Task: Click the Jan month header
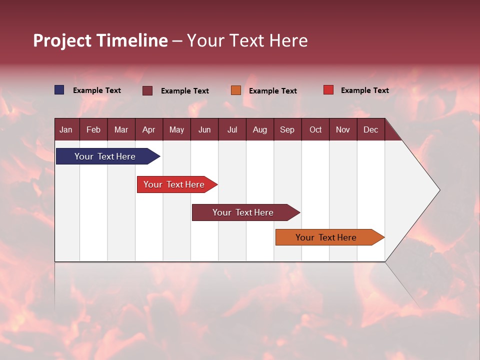pos(66,129)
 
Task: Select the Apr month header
pos(148,129)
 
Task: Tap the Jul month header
pos(232,129)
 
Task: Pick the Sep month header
pos(287,129)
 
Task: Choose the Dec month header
pos(370,129)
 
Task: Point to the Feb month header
pos(93,129)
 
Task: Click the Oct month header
pos(315,129)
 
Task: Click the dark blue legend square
pos(59,90)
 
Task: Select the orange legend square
pos(236,90)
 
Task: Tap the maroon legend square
pos(147,90)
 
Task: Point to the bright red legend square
pos(328,90)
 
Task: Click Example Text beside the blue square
pos(97,90)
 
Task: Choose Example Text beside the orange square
pos(273,91)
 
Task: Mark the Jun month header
pos(204,129)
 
